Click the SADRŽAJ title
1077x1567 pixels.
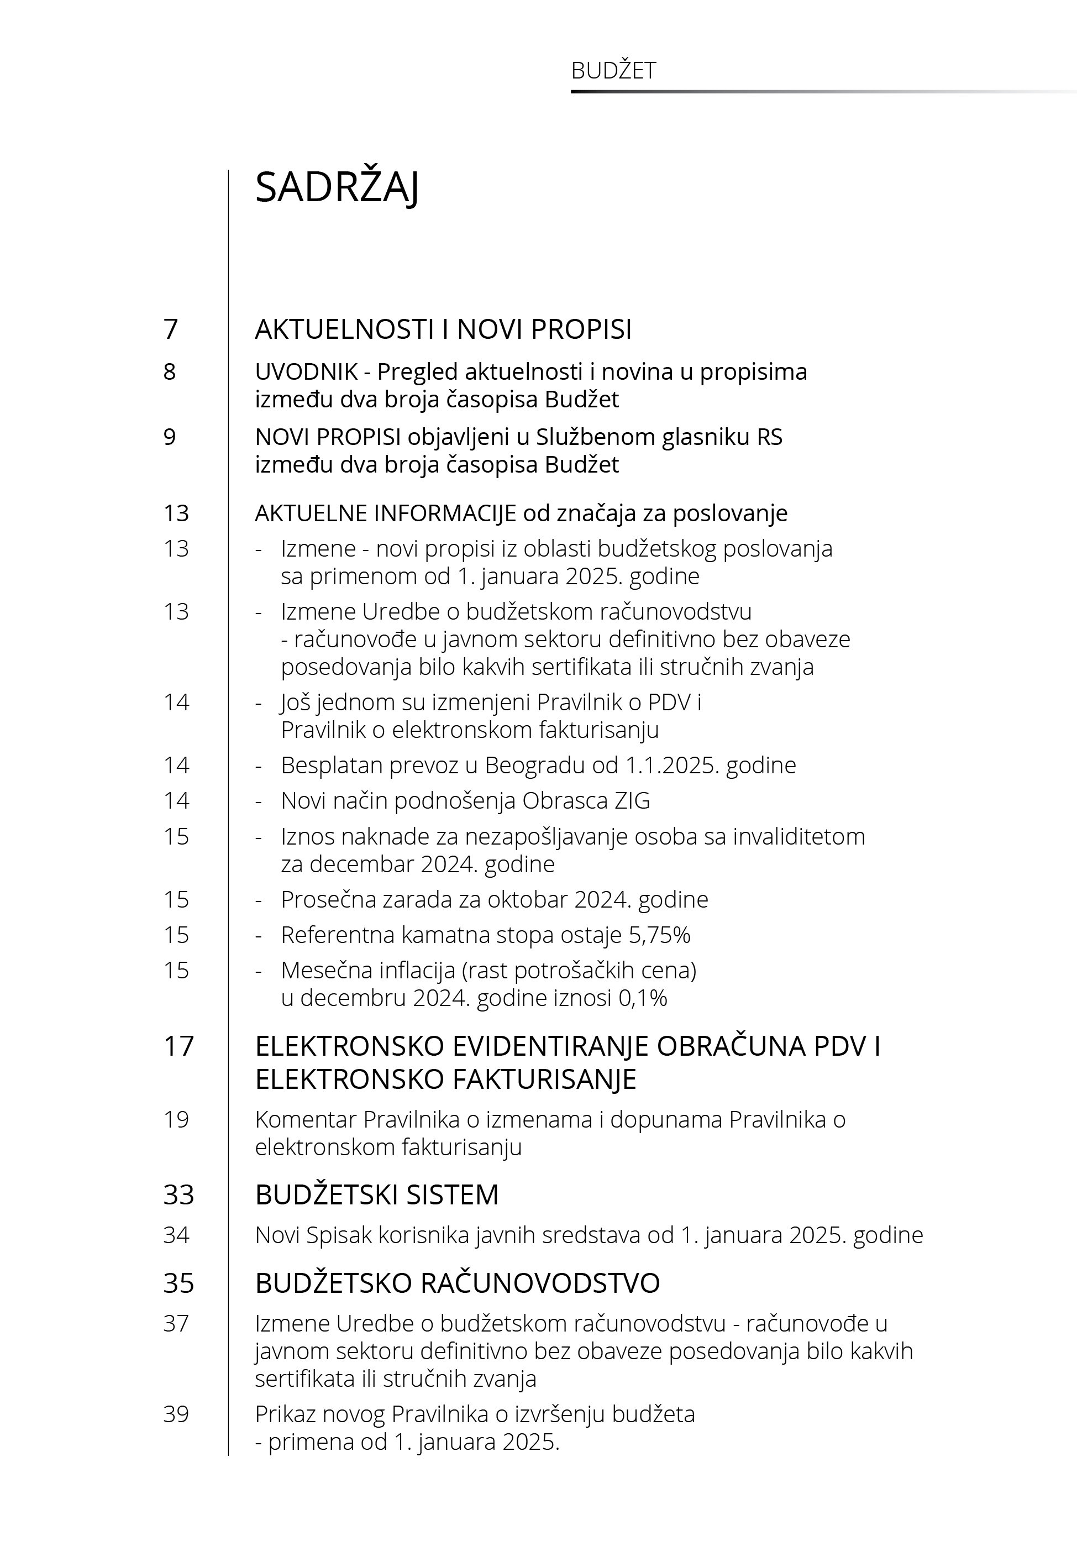(x=337, y=187)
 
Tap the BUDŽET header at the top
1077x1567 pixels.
(x=613, y=71)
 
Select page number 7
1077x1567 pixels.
(x=171, y=329)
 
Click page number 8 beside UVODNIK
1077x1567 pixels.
(x=170, y=372)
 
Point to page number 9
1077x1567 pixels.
(x=170, y=437)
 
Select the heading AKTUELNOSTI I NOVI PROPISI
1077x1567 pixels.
(x=443, y=329)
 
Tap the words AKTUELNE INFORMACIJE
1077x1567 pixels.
(x=385, y=513)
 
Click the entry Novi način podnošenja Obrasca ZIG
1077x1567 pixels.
(x=465, y=801)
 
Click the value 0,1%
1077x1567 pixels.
(x=643, y=998)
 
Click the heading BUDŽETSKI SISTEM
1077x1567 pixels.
(x=376, y=1195)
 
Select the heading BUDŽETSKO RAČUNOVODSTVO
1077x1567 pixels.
(x=457, y=1283)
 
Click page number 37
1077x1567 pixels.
(x=176, y=1324)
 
